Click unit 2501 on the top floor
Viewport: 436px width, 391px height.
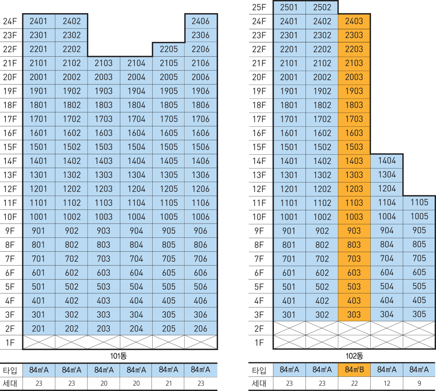tap(289, 7)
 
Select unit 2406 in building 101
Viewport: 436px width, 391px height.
tap(201, 21)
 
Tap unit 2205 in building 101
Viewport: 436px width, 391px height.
tap(169, 49)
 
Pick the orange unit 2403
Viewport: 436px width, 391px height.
tap(354, 21)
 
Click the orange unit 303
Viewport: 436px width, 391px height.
tap(354, 314)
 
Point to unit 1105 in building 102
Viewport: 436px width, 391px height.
tap(419, 203)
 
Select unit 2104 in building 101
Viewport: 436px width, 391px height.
tap(136, 63)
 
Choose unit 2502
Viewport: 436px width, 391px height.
tap(322, 7)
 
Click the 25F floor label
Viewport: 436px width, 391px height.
tap(259, 7)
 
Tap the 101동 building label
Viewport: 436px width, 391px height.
tap(118, 356)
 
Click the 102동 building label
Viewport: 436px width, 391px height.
tap(354, 356)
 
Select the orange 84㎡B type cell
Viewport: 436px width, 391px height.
tap(354, 370)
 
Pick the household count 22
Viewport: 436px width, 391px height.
tap(354, 383)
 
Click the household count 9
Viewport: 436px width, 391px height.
tap(419, 383)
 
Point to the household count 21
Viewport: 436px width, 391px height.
tap(169, 383)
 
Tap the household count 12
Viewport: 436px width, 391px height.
tap(387, 383)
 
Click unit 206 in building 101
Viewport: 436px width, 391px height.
tap(201, 329)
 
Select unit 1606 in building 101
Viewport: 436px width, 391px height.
tap(201, 133)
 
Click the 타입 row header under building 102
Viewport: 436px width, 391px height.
tap(259, 370)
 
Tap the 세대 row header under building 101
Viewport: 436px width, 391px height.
tap(10, 383)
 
